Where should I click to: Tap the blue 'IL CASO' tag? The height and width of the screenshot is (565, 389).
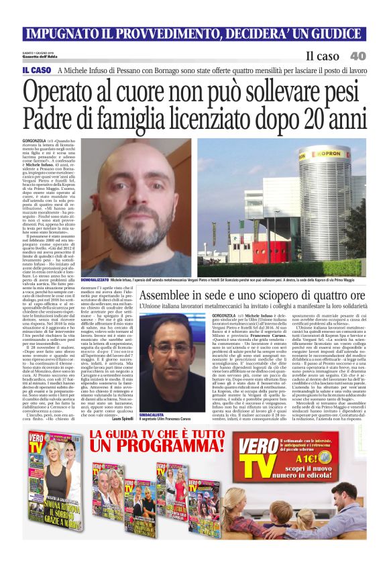pos(36,70)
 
